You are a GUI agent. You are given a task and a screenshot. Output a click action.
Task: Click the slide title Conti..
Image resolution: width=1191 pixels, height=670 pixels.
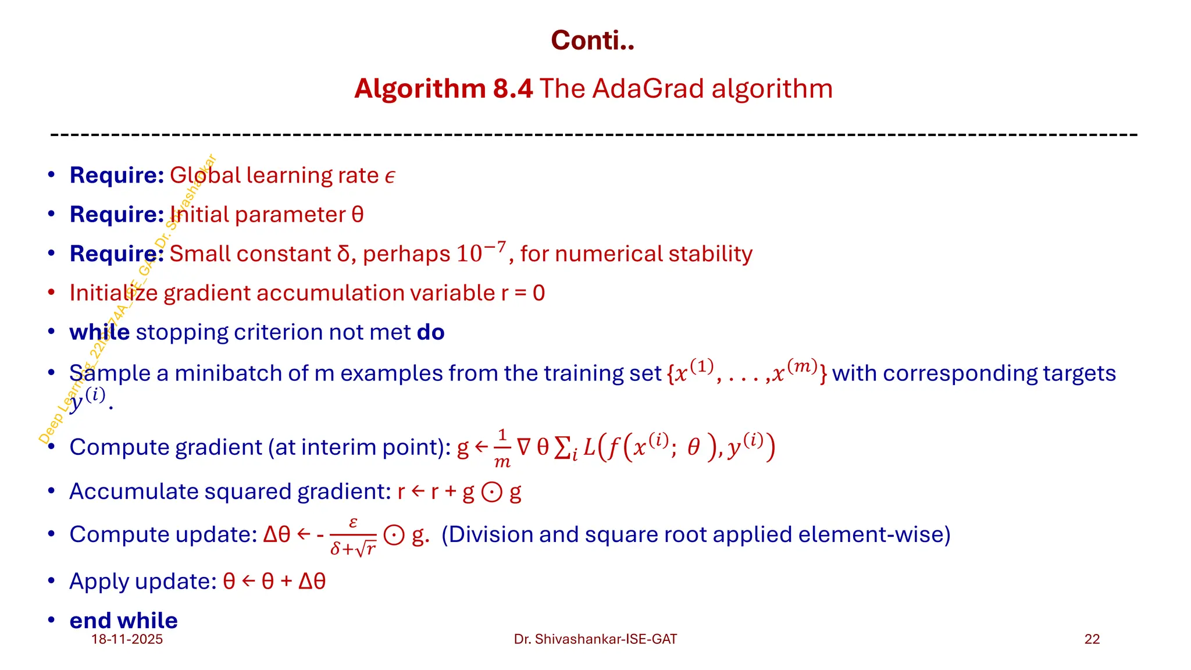[592, 41]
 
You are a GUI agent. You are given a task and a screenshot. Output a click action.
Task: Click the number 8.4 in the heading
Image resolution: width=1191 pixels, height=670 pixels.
[512, 89]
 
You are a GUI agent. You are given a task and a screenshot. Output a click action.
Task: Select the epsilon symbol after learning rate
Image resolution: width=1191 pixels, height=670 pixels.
[390, 176]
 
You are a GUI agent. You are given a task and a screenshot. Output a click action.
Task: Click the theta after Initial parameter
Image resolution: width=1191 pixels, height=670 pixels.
[358, 215]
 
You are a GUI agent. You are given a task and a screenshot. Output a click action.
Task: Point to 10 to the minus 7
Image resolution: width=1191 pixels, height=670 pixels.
[481, 252]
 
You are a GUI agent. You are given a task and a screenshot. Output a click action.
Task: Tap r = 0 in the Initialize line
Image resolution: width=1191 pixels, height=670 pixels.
[523, 293]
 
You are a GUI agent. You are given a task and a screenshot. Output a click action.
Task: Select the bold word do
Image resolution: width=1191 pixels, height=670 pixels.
[430, 332]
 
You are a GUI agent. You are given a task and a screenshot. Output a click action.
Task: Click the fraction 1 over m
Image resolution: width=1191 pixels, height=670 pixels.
[502, 448]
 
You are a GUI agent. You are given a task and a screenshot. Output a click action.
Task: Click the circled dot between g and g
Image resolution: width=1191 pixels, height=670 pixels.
[492, 493]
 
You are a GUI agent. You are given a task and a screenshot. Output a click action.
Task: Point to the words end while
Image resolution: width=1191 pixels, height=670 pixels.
[123, 621]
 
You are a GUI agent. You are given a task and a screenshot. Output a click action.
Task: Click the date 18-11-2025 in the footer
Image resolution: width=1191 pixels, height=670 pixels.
[127, 639]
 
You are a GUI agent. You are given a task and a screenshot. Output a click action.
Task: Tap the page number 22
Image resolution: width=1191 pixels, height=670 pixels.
[1092, 639]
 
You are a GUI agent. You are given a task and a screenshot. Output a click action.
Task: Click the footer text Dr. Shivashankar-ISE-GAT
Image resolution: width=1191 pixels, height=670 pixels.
[595, 639]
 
